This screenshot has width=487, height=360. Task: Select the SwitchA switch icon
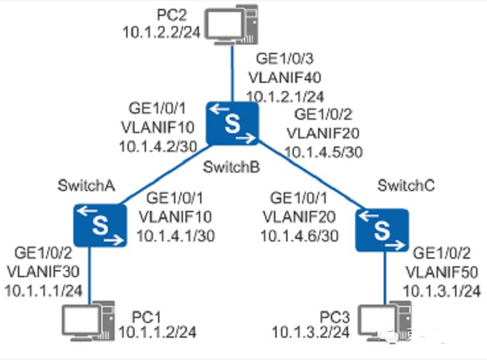[99, 225]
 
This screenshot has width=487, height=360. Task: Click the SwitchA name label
[85, 186]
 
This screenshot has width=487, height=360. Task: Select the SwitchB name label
[231, 167]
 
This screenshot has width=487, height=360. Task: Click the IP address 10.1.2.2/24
[160, 31]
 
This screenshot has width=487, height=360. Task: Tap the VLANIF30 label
[43, 272]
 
